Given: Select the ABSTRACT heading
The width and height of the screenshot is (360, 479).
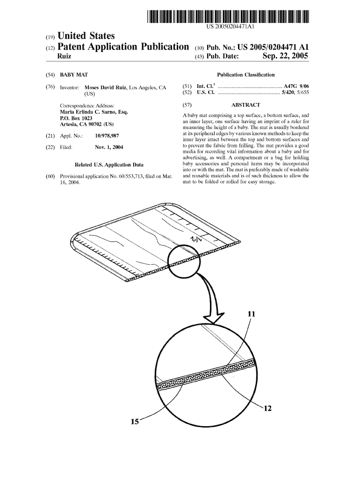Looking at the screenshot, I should click(x=245, y=105).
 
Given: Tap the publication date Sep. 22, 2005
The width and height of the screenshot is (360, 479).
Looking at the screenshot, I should click(x=285, y=57).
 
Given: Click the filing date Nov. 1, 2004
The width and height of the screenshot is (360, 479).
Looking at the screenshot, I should click(x=109, y=147).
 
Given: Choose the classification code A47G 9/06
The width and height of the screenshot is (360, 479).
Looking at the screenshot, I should click(x=296, y=87).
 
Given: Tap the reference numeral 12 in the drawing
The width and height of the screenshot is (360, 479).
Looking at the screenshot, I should click(x=267, y=408).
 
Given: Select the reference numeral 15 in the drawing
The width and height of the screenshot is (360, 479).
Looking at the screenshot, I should click(x=135, y=422).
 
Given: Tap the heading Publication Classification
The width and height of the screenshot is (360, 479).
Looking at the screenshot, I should click(x=246, y=75).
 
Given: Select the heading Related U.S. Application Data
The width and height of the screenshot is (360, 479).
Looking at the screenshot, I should click(x=109, y=165).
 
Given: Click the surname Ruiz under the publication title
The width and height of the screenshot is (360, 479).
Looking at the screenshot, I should click(x=64, y=57).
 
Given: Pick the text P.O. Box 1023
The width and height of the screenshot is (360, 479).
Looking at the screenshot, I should click(x=77, y=118).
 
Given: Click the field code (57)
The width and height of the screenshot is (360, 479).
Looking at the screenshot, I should click(x=187, y=105).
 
